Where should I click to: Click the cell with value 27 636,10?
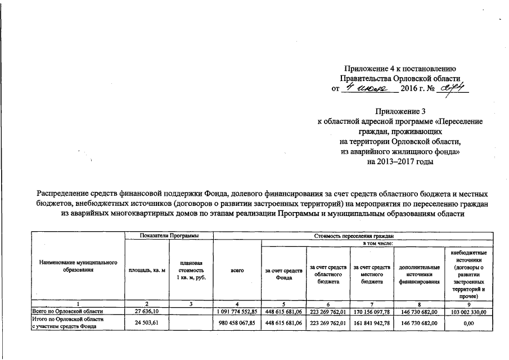click(147, 310)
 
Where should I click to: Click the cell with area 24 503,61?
click(147, 322)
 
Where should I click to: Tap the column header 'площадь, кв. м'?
click(147, 271)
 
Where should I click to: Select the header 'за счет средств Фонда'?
click(284, 271)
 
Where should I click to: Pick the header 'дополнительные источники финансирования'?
click(419, 271)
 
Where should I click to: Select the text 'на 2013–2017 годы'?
click(400, 161)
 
